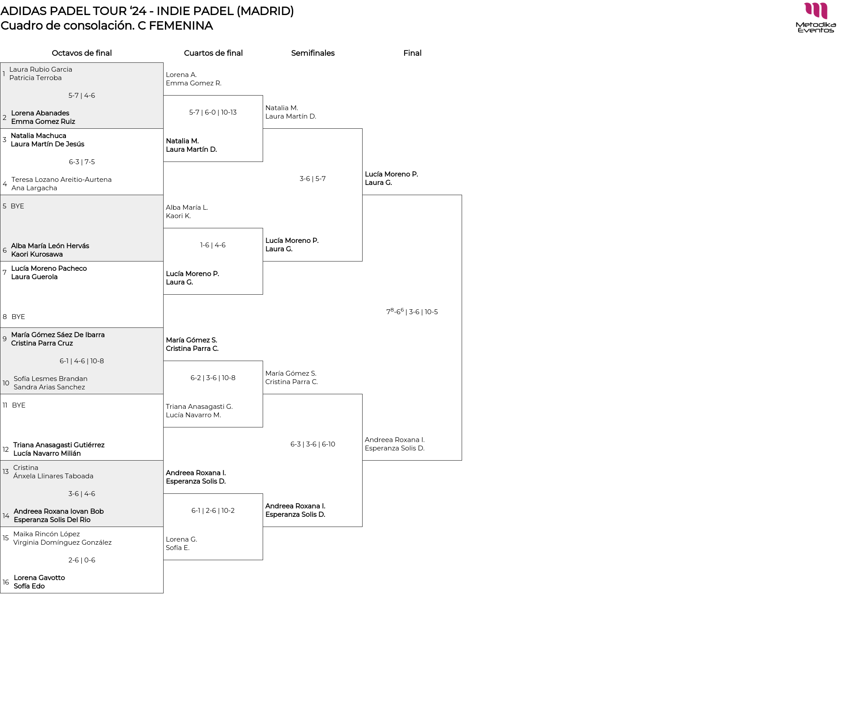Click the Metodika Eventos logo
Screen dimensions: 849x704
pos(815,18)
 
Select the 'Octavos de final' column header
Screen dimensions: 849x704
pos(82,53)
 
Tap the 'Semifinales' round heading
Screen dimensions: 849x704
pos(313,53)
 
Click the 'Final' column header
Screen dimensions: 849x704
pos(412,53)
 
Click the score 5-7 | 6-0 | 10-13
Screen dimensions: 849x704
pos(213,112)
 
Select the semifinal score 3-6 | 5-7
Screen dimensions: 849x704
pos(313,179)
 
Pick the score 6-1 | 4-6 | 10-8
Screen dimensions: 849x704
pos(82,361)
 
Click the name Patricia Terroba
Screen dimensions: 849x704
pos(35,78)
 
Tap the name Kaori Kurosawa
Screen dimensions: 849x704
pos(37,254)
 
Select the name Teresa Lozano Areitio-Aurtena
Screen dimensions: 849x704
pos(61,180)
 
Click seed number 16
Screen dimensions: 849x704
pos(6,582)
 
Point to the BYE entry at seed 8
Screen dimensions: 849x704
pos(18,317)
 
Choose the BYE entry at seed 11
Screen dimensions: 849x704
pos(19,405)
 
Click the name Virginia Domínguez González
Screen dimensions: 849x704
pos(62,542)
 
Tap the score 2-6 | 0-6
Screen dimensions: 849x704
pos(82,560)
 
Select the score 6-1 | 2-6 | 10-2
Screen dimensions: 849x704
pos(213,511)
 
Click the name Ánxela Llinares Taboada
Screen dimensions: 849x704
pos(53,476)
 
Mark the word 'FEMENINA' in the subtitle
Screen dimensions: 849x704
pos(181,26)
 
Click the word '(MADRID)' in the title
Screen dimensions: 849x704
pos(265,11)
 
